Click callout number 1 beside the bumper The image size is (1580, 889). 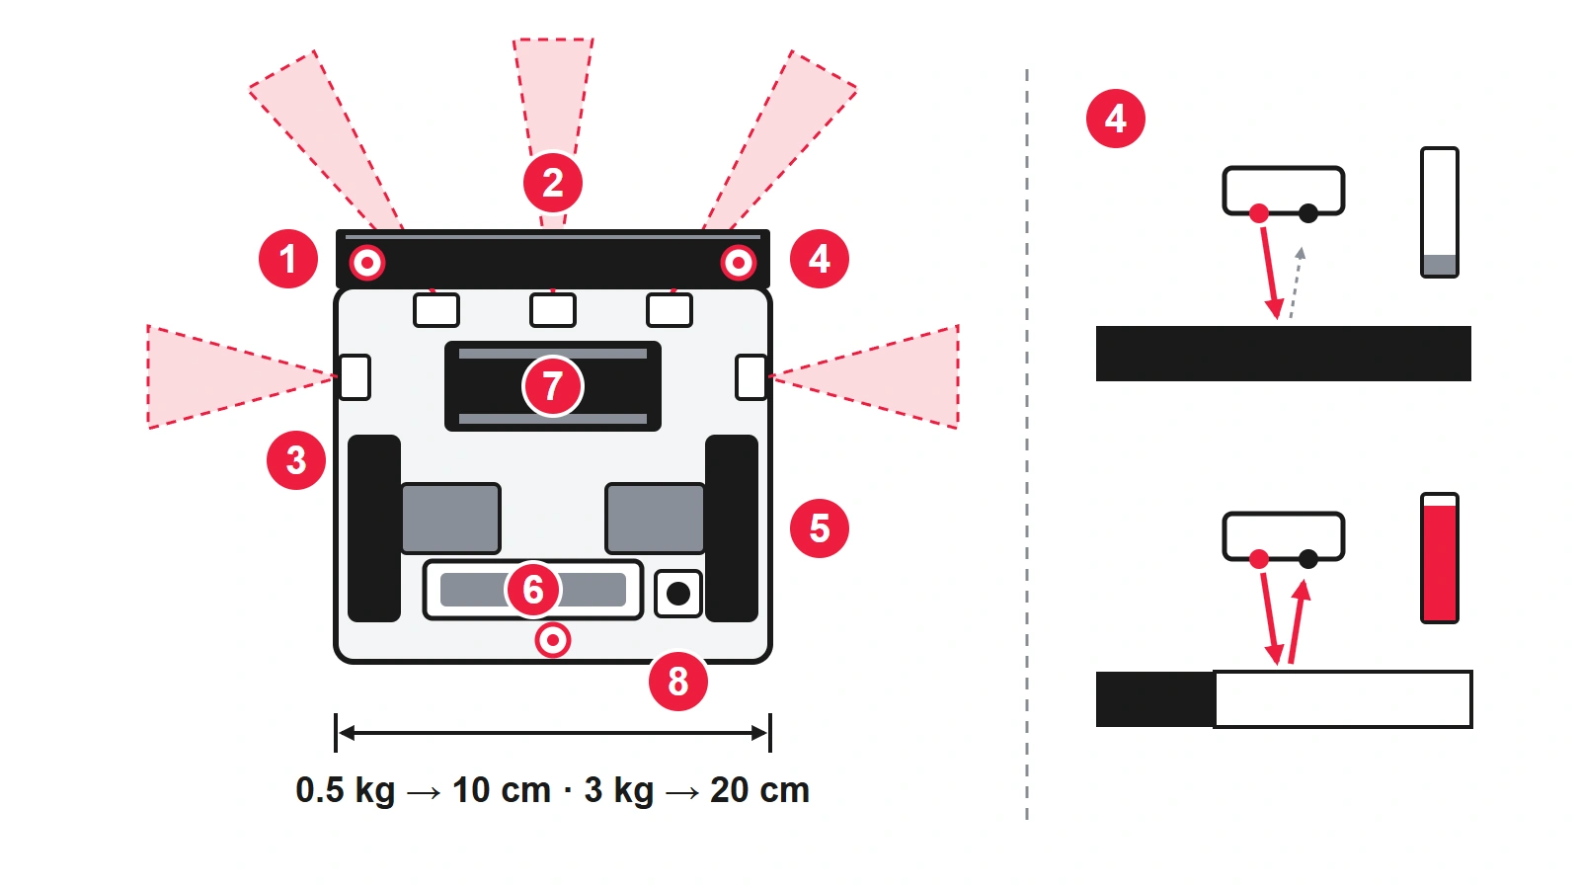tap(287, 259)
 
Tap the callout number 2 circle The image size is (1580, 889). tap(553, 183)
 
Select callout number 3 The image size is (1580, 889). tap(296, 460)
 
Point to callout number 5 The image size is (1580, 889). tap(819, 528)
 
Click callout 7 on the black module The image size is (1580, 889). tap(553, 386)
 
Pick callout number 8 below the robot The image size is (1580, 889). tap(677, 682)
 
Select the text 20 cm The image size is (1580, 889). tap(759, 790)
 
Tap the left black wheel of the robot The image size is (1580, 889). tap(374, 528)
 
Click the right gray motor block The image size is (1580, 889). tap(656, 519)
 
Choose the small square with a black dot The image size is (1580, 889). tap(678, 594)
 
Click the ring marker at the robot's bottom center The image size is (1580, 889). tap(553, 641)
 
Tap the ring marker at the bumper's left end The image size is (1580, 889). tap(367, 263)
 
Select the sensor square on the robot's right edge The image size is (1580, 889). tap(750, 377)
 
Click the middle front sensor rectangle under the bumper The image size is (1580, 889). tap(553, 310)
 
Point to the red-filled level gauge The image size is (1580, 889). tap(1440, 558)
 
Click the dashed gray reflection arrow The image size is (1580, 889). tap(1296, 283)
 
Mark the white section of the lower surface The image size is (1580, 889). tap(1343, 699)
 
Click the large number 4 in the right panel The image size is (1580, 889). tap(1116, 119)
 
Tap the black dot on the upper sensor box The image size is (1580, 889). tap(1308, 213)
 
